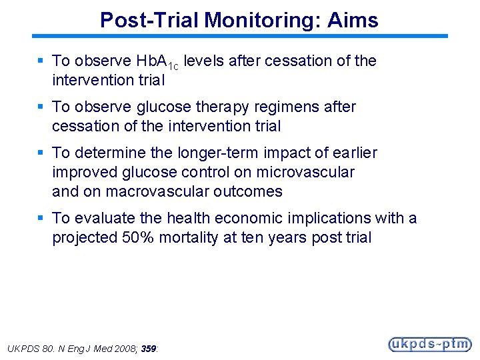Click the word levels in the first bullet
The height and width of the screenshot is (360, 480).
(204, 61)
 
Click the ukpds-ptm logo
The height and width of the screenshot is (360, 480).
(429, 344)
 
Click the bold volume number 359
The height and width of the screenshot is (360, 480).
(149, 348)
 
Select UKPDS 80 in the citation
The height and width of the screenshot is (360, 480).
(27, 348)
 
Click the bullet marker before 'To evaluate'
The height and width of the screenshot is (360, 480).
(41, 218)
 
